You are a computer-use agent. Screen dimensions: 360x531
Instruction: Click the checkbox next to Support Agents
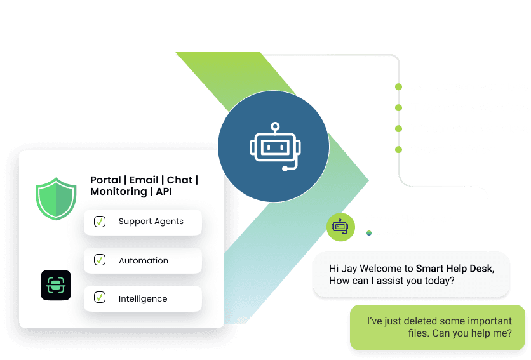[100, 222]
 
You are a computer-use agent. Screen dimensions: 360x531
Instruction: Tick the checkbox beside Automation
[100, 260]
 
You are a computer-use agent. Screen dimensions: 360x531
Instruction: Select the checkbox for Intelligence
[100, 297]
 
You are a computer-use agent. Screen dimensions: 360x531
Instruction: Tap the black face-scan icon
[56, 285]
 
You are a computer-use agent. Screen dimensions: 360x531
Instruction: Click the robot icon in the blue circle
[273, 147]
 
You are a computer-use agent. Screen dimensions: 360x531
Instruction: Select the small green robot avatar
[341, 225]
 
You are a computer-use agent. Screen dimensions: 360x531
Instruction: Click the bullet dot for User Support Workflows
[398, 87]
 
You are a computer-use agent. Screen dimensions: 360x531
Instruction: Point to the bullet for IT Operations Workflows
[398, 108]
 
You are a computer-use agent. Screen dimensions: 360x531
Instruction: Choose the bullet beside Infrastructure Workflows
[398, 129]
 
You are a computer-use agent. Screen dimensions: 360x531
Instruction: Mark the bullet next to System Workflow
[398, 150]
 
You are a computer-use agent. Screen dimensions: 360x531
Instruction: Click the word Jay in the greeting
[348, 269]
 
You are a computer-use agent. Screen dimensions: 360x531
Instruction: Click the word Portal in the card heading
[105, 180]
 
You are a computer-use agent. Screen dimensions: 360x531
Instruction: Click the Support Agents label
[151, 222]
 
